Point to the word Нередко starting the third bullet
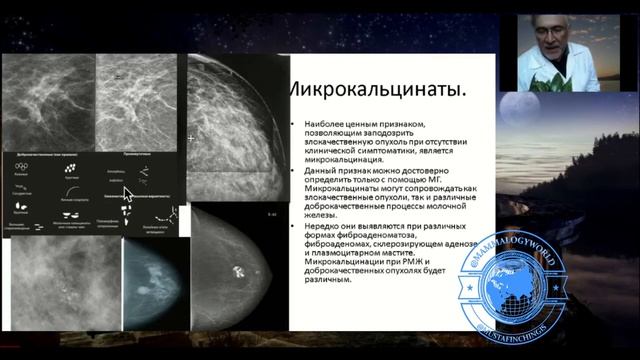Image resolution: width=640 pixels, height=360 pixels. [313, 225]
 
